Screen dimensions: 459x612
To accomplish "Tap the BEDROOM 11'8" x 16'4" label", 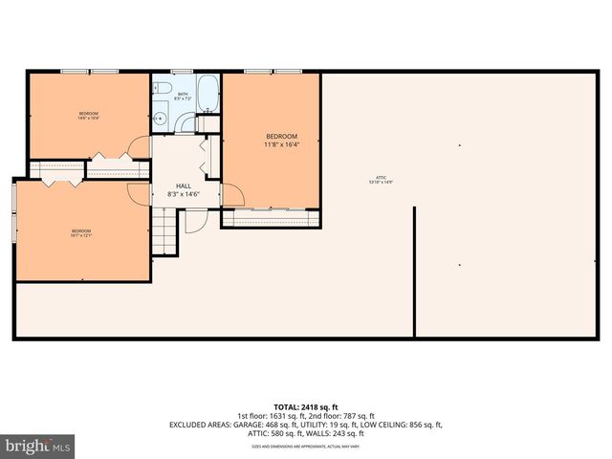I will pyautogui.click(x=281, y=141).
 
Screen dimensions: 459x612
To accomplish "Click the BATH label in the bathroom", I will pyautogui.click(x=185, y=94).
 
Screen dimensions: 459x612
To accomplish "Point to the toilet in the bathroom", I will pyautogui.click(x=164, y=91).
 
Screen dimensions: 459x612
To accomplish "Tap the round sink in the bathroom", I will pyautogui.click(x=162, y=120).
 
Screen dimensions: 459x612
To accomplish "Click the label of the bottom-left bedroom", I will pyautogui.click(x=81, y=230).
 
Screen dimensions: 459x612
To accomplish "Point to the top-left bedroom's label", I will pyautogui.click(x=88, y=116).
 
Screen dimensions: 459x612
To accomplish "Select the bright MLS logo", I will pyautogui.click(x=38, y=446).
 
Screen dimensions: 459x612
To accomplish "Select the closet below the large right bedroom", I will pyautogui.click(x=271, y=218).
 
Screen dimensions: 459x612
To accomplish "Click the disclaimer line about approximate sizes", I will pyautogui.click(x=305, y=447).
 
